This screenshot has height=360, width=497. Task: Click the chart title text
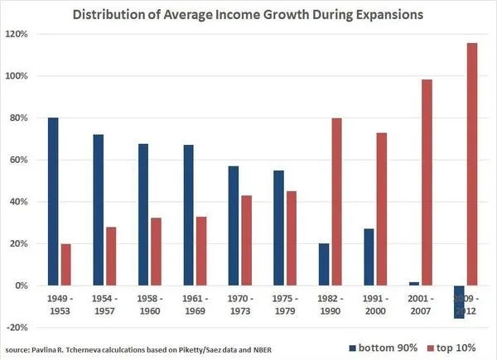tap(248, 14)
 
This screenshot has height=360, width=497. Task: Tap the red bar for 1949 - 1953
tap(66, 265)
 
